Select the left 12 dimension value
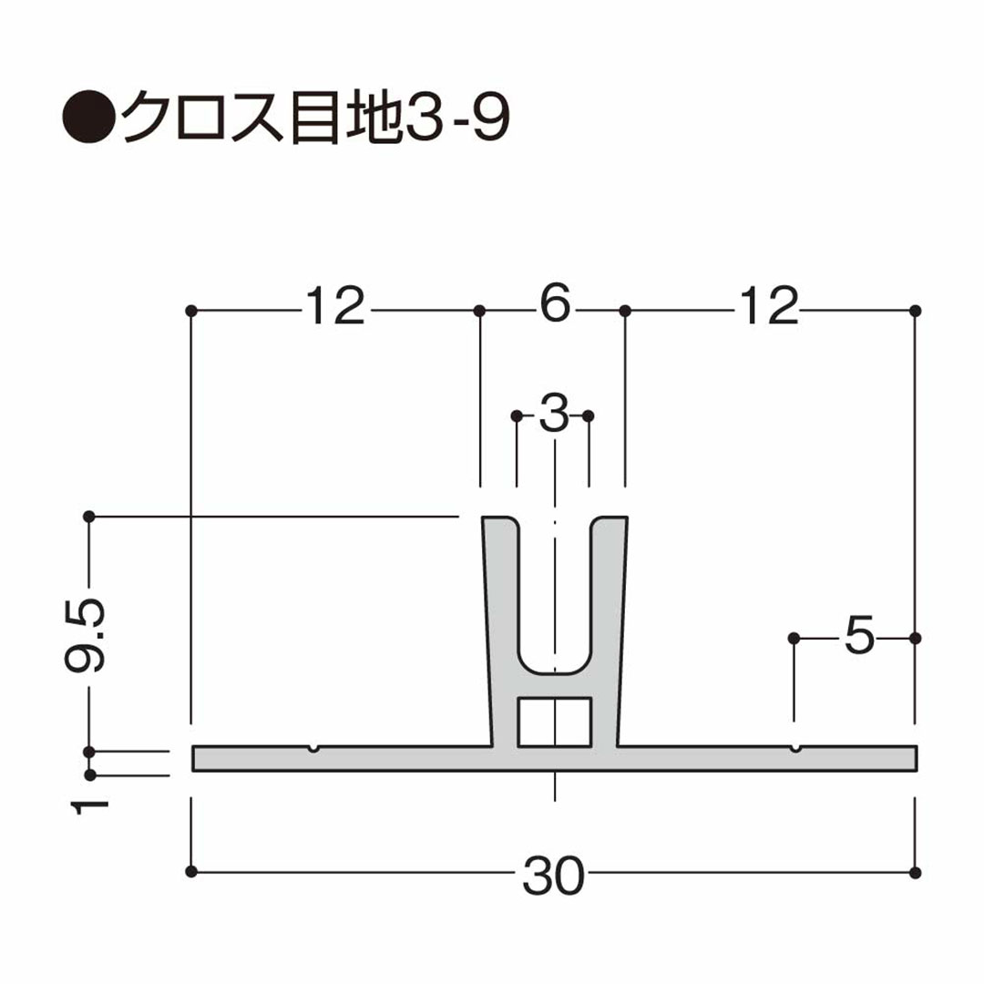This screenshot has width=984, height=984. click(x=334, y=307)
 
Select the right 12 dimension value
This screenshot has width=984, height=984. click(x=769, y=307)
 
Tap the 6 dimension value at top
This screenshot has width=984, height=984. click(x=554, y=306)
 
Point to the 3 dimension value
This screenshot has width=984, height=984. click(x=553, y=415)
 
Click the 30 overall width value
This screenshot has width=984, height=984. click(x=553, y=876)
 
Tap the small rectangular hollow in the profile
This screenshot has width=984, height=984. click(x=554, y=721)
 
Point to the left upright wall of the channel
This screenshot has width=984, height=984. click(x=499, y=629)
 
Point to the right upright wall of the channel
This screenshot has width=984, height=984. click(x=608, y=629)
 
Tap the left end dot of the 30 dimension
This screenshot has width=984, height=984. click(x=190, y=872)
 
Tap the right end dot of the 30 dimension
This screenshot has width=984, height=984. click(x=916, y=872)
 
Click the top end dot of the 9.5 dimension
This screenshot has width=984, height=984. click(x=89, y=517)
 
